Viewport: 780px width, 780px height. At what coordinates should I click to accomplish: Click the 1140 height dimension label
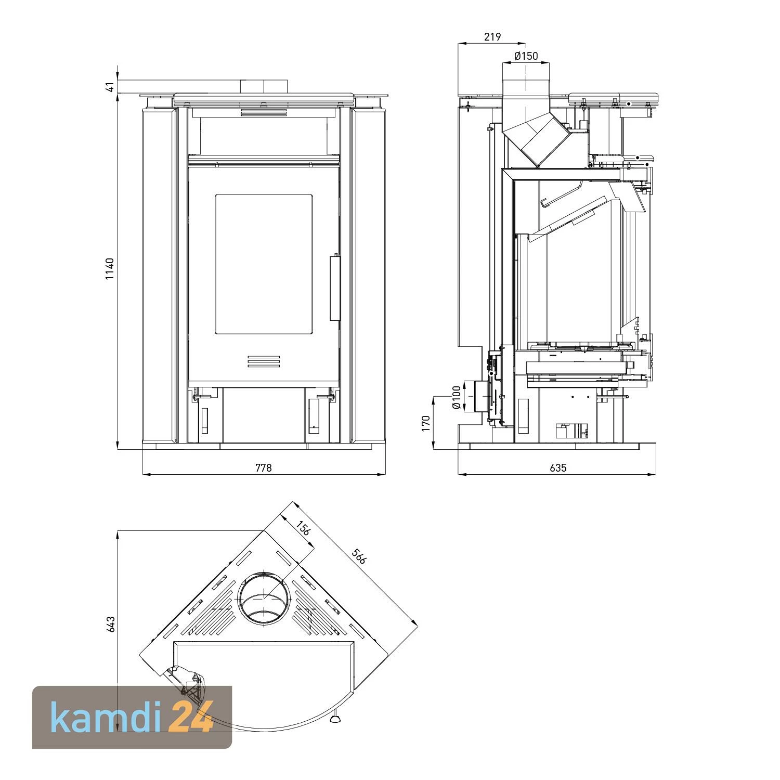tap(110, 269)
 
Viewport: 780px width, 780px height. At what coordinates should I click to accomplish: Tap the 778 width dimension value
tap(264, 468)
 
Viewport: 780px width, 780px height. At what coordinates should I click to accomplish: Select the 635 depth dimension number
tap(557, 468)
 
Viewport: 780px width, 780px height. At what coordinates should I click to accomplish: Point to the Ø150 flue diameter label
tap(526, 56)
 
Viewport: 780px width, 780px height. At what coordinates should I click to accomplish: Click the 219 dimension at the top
tap(492, 37)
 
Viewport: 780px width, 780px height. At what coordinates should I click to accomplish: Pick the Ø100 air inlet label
tap(456, 398)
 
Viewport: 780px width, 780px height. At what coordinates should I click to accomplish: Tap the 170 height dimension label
tap(426, 423)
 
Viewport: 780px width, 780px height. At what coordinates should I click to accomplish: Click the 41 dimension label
tap(110, 87)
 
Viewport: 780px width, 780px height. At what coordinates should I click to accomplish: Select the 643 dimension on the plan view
tap(110, 624)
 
